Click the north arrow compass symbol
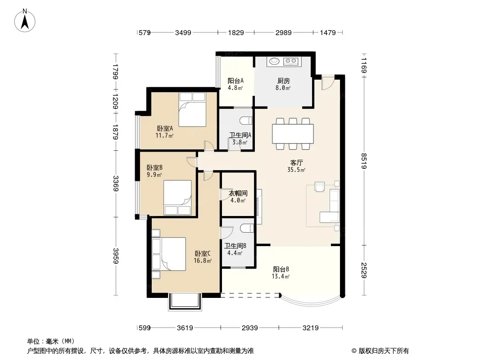25,21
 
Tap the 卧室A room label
165,128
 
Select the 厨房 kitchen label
284,81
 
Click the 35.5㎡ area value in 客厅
296,170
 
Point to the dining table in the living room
293,134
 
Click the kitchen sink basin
274,62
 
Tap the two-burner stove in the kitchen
291,62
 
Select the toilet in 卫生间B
247,228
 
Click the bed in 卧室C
169,254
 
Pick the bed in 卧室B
177,198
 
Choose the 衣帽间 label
238,193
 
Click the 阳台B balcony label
281,270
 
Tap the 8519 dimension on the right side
364,161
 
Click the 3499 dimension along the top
183,32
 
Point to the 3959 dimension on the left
115,256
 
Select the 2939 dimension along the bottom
250,328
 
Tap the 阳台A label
235,81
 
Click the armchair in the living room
320,187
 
